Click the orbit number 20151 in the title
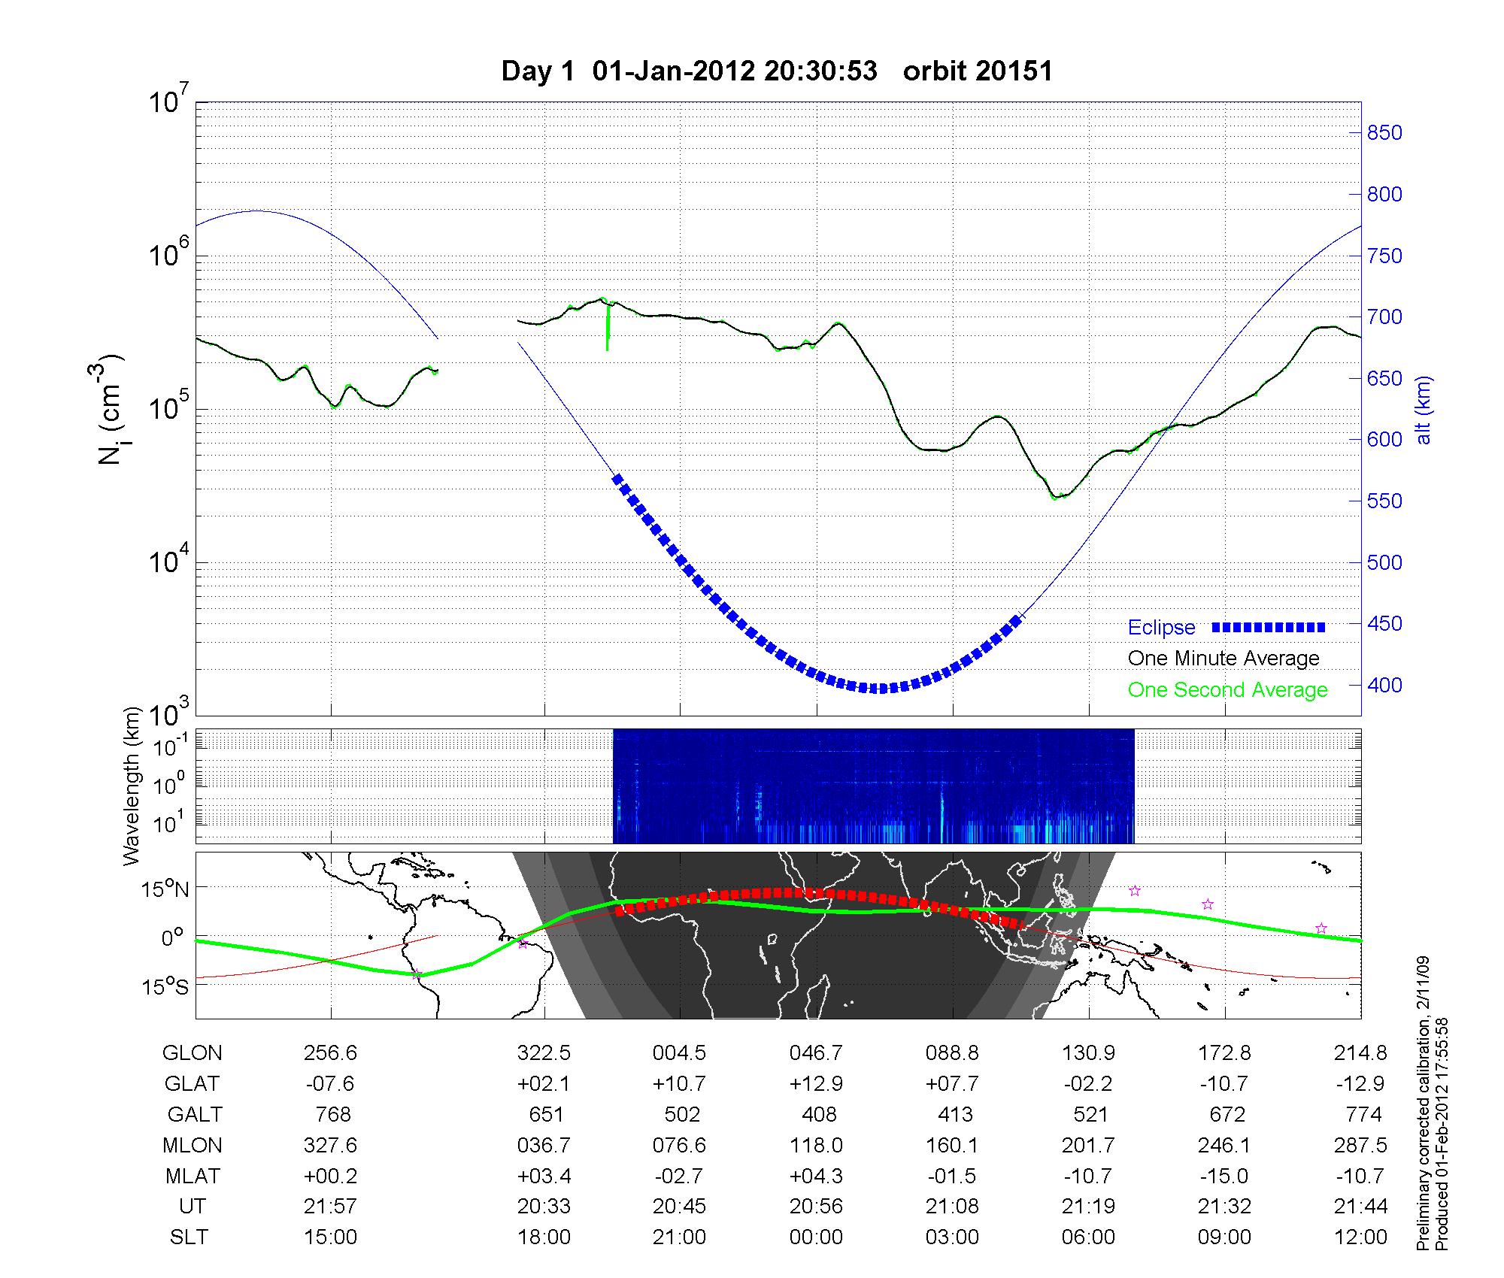point(978,71)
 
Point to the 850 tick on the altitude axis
point(1384,133)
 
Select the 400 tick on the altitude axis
point(1384,685)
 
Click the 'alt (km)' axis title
point(1424,410)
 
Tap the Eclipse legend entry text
point(1161,627)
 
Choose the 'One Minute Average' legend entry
point(1224,659)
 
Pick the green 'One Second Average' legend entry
point(1227,690)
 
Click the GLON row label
point(192,1052)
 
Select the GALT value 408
point(819,1114)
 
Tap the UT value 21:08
point(952,1207)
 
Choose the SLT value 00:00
point(816,1237)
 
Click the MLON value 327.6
point(331,1145)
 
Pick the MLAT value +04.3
point(816,1176)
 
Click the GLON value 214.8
point(1360,1052)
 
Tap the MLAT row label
point(192,1176)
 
